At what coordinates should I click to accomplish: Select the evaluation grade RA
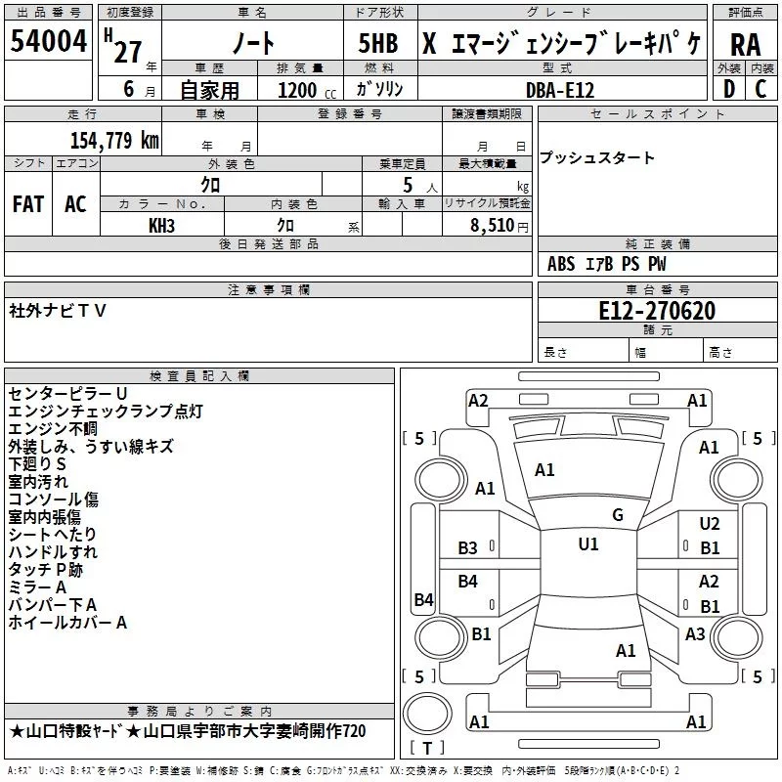pos(745,45)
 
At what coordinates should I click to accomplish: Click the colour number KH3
pos(161,225)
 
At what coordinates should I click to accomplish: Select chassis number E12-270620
pos(656,311)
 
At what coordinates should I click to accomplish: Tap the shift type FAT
pos(28,204)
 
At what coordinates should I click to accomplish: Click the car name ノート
pos(251,45)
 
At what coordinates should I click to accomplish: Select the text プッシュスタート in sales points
pos(597,158)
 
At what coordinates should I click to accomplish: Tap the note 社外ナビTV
pos(58,310)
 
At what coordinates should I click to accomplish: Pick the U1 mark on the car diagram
pos(587,543)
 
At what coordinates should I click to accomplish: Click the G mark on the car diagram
pos(617,515)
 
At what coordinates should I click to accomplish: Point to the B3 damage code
pos(468,548)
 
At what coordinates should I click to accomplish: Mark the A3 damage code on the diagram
pos(695,634)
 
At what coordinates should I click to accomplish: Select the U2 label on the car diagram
pos(710,525)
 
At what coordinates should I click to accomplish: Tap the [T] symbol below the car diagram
pos(428,748)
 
